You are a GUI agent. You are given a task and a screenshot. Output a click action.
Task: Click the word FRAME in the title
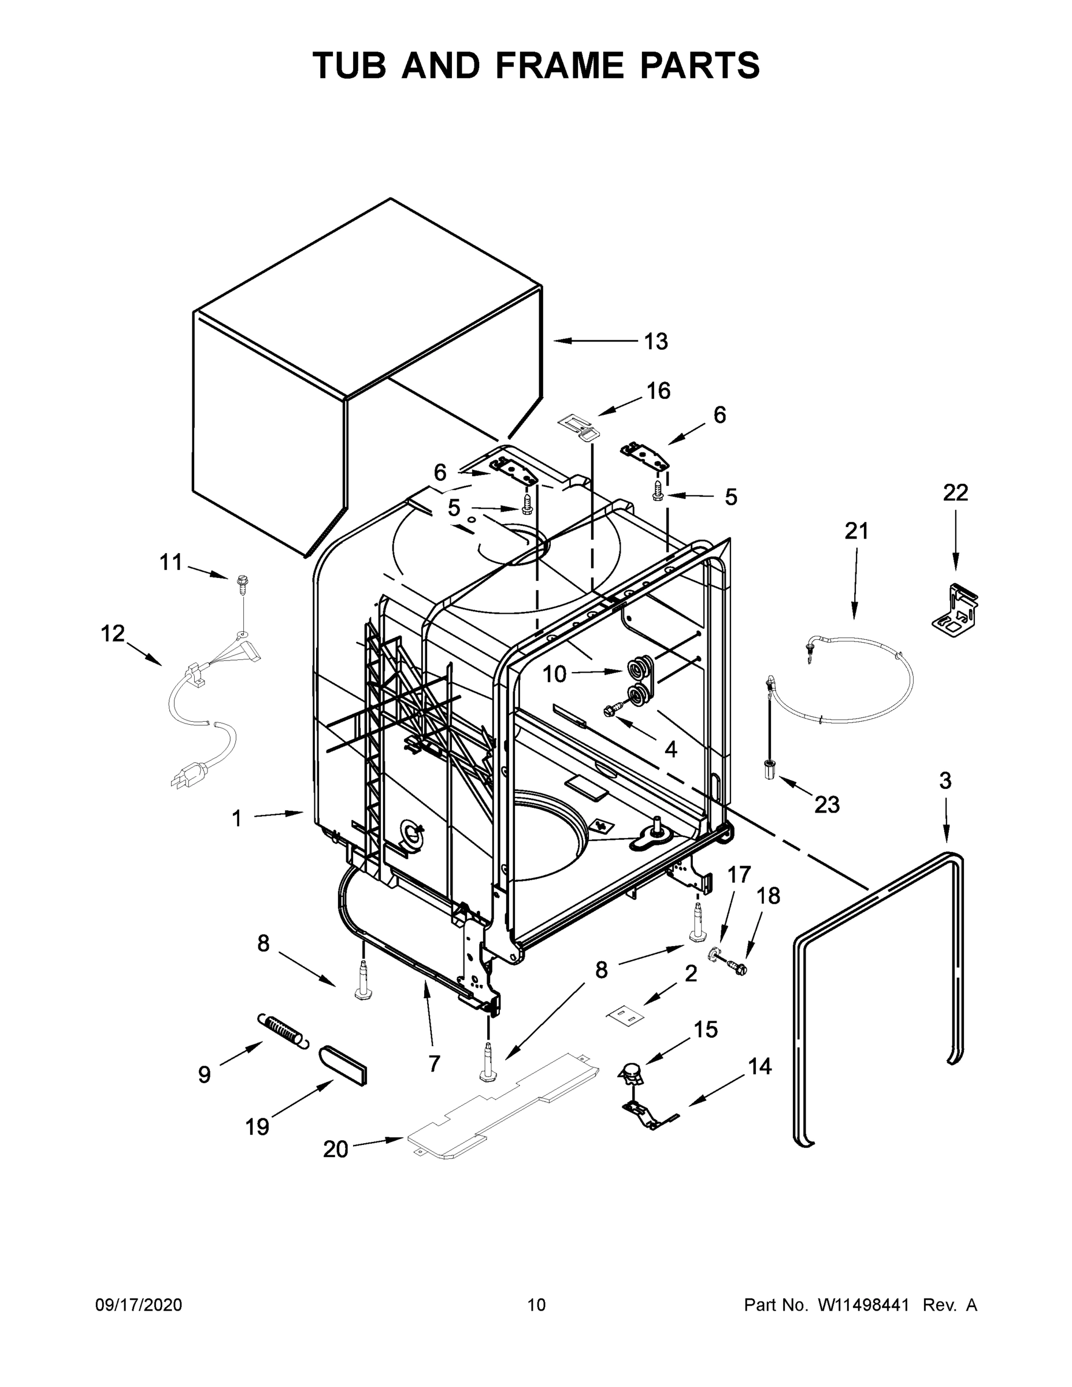click(x=560, y=65)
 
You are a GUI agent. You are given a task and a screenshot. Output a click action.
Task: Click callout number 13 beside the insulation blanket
click(x=656, y=342)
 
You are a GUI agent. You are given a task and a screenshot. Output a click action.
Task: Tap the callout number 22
click(x=955, y=492)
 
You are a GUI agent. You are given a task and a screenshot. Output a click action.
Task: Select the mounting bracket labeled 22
click(x=955, y=609)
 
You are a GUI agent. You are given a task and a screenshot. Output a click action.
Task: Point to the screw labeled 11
click(x=242, y=583)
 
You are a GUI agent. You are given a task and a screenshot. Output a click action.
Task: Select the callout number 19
click(x=257, y=1128)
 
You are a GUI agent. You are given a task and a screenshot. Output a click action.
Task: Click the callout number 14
click(x=759, y=1066)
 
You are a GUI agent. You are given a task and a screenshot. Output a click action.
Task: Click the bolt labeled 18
click(x=738, y=969)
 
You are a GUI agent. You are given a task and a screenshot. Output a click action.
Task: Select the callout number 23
click(x=827, y=804)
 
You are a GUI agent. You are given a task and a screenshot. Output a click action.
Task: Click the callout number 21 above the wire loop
click(x=856, y=531)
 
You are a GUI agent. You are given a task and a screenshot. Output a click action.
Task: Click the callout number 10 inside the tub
click(x=554, y=674)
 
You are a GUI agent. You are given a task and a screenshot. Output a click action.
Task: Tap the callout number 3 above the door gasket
click(x=945, y=781)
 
